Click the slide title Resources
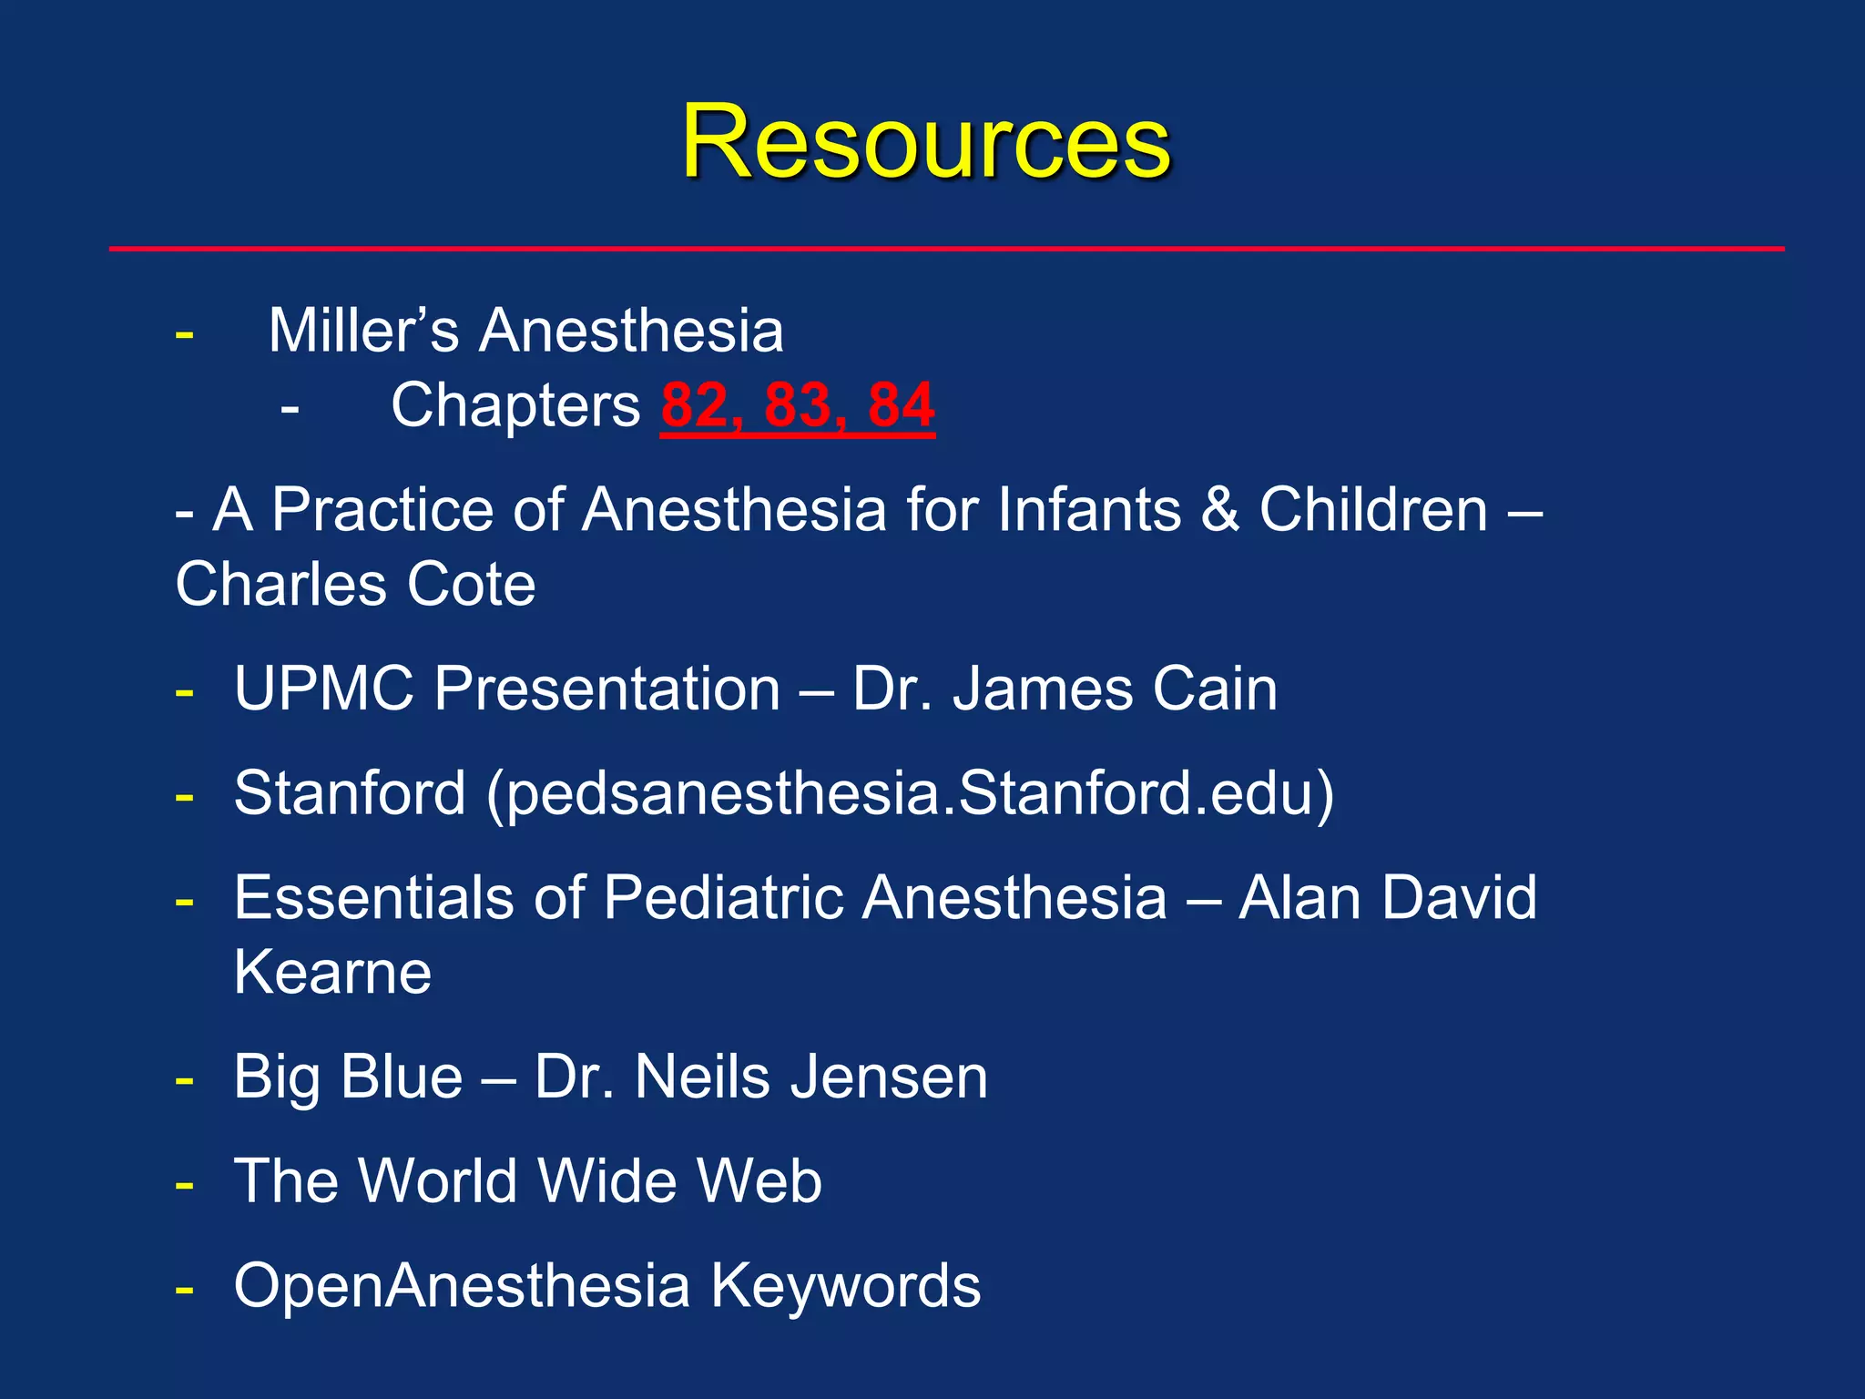point(926,142)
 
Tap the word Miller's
point(363,330)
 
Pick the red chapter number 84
point(901,405)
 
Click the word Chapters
point(515,405)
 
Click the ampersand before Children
point(1219,509)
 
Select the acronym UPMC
point(324,689)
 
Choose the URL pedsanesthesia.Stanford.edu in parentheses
point(911,793)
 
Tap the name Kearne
point(332,973)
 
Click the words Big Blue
point(348,1077)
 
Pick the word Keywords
point(845,1286)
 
